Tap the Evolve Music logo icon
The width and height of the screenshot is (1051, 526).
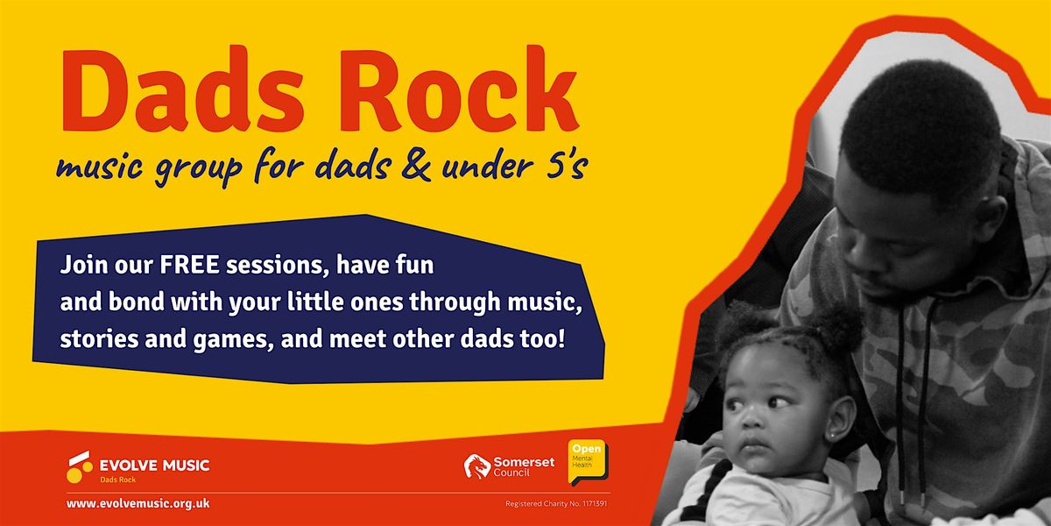click(80, 466)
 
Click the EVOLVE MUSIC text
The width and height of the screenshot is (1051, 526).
click(154, 465)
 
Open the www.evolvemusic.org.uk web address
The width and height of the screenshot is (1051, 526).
click(138, 504)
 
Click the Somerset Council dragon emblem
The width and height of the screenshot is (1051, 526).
click(476, 466)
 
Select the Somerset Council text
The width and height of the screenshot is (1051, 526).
click(523, 466)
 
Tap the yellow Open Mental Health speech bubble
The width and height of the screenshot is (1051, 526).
click(588, 461)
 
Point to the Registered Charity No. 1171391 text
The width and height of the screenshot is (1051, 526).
click(556, 504)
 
